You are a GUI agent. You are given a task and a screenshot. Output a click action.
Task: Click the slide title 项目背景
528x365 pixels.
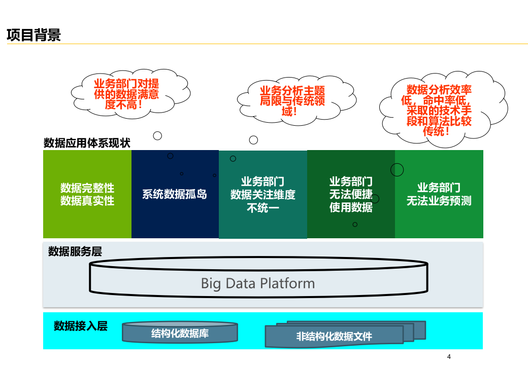coord(34,35)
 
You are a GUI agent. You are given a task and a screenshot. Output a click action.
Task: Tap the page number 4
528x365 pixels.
coord(449,357)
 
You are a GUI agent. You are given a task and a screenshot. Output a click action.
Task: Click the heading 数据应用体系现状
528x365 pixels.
coord(87,143)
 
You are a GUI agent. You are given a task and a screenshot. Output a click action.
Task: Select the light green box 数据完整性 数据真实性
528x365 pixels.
coord(87,194)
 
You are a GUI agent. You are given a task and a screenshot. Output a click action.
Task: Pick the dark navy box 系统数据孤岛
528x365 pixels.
coord(175,194)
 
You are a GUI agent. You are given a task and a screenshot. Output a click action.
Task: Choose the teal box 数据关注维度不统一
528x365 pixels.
coord(263,194)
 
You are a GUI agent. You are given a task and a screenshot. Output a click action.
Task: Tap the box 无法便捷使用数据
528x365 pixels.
coord(351,194)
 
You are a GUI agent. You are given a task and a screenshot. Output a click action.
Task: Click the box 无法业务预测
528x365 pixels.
coord(439,194)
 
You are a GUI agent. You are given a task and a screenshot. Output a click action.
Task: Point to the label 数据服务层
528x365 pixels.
coord(75,251)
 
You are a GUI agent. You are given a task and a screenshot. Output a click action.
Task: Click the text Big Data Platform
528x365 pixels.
coord(258,283)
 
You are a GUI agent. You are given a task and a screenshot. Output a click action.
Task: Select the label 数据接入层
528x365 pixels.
coord(81,326)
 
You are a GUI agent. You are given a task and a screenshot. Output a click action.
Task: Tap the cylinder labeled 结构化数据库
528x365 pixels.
coord(180,333)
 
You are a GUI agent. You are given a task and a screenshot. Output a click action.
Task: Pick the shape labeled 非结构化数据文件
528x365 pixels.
coord(335,336)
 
